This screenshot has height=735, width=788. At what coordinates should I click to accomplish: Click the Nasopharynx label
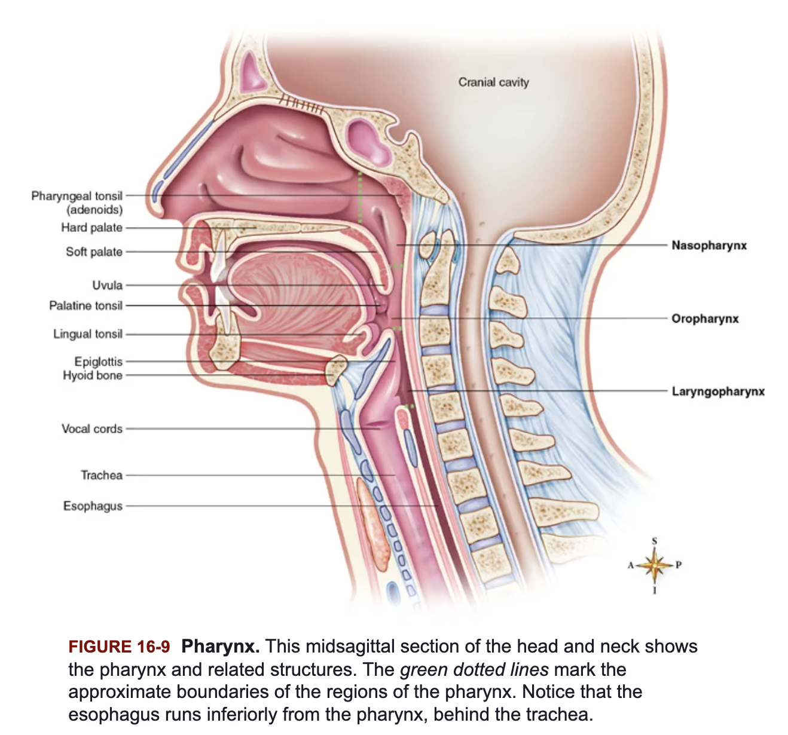(708, 246)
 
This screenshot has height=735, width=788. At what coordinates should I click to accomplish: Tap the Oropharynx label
(704, 318)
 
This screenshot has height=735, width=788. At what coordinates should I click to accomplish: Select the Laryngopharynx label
(717, 392)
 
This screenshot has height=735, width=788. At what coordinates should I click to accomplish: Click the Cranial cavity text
(493, 82)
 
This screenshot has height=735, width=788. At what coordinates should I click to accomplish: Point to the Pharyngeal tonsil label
(77, 197)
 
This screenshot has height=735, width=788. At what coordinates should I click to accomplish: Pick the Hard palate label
(91, 228)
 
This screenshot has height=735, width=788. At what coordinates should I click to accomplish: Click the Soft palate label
(94, 252)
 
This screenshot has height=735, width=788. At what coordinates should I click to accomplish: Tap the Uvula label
(107, 285)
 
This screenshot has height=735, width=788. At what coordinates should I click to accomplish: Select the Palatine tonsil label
(85, 306)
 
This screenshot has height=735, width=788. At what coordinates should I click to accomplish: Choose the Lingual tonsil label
(87, 334)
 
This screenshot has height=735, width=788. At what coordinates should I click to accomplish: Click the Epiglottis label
(98, 362)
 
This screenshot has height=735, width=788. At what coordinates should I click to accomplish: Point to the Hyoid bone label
(92, 375)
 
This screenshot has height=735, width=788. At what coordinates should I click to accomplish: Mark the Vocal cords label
(91, 429)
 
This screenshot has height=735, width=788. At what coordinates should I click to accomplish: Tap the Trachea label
(101, 476)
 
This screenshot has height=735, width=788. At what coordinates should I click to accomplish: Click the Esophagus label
(93, 506)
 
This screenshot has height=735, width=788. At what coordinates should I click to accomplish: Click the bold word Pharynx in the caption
(220, 647)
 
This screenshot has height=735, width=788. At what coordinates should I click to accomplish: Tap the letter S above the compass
(654, 541)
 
